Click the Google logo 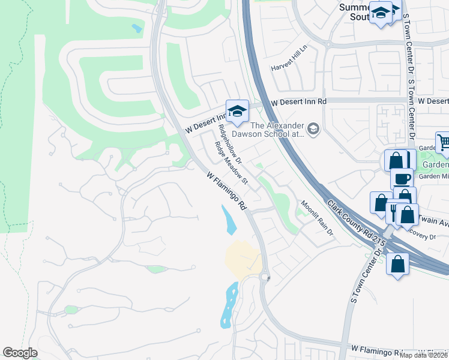[20, 353]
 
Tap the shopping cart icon [444, 142]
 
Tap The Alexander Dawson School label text [277, 130]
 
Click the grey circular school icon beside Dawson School [313, 128]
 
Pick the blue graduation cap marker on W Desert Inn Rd [237, 110]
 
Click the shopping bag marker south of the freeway [397, 263]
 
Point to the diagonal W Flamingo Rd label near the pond [227, 191]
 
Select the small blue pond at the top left [137, 28]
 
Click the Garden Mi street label [433, 176]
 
